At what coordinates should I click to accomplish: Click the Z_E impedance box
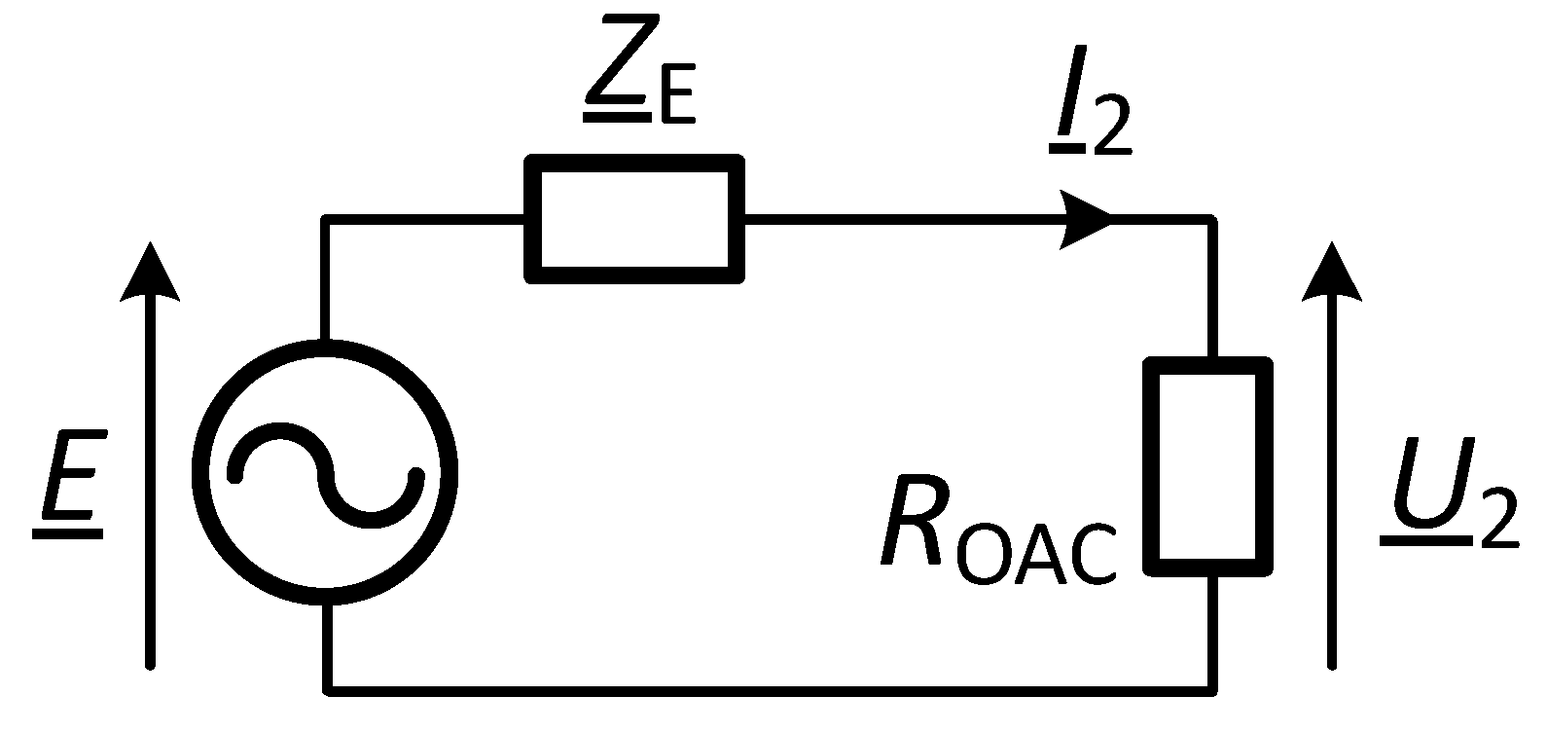(x=634, y=220)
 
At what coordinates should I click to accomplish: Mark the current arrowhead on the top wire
(x=1088, y=220)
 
